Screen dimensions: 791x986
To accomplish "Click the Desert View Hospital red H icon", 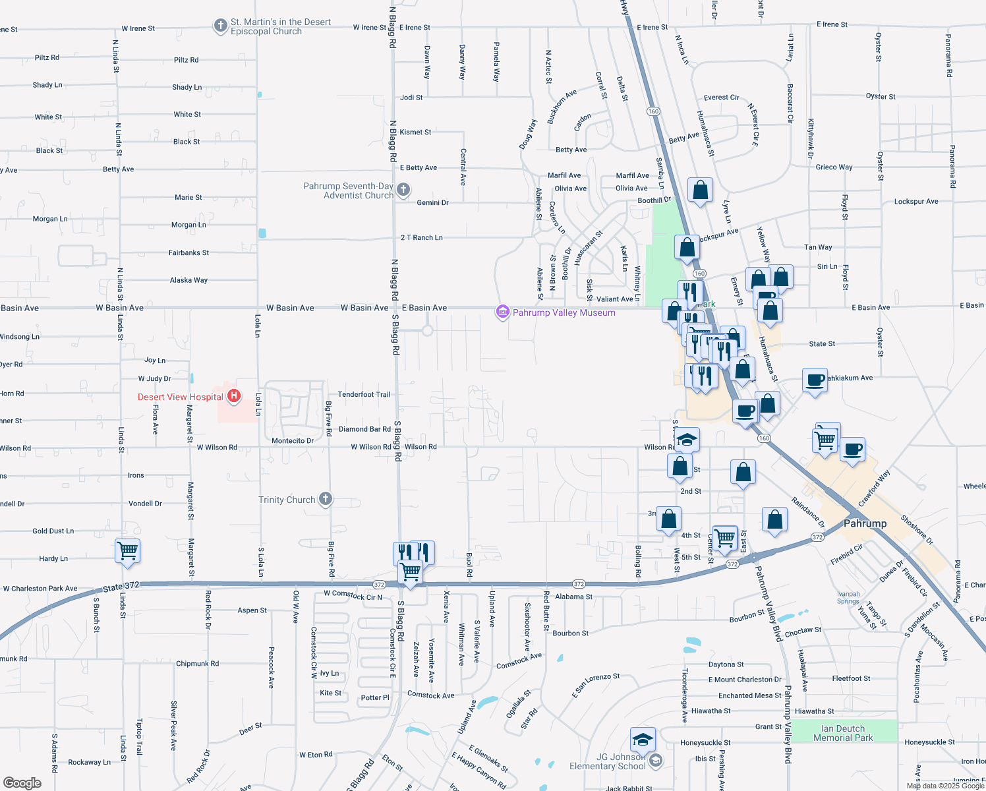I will pos(233,396).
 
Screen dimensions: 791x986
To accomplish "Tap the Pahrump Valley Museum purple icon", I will pos(502,312).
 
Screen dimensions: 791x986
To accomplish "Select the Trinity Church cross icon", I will pos(326,499).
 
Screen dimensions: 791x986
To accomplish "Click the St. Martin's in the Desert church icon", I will pos(220,26).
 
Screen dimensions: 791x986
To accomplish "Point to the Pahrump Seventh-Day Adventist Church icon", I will pos(403,190).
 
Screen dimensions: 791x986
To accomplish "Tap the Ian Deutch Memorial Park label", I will pos(843,733).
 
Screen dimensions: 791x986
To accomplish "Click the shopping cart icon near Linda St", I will pos(127,550).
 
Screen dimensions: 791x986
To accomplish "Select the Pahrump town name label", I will pos(865,523).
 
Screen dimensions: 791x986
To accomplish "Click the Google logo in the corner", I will pos(22,782).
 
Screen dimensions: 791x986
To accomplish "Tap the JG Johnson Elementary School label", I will pos(607,761).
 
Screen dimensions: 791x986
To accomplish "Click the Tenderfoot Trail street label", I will pos(364,394).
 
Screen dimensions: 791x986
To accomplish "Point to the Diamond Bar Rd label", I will pos(364,429).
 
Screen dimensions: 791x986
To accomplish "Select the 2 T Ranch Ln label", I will pos(421,237).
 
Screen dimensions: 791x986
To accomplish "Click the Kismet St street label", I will pos(415,132).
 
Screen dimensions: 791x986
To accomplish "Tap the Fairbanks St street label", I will pos(188,252).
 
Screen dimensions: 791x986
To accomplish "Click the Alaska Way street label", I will pos(188,280).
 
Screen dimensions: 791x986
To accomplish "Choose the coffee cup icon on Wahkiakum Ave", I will pos(815,380).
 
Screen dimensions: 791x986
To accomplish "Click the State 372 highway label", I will pos(121,586).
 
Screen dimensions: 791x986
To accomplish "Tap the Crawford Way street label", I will pos(874,488).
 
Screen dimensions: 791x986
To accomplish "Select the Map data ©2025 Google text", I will pos(945,786).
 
